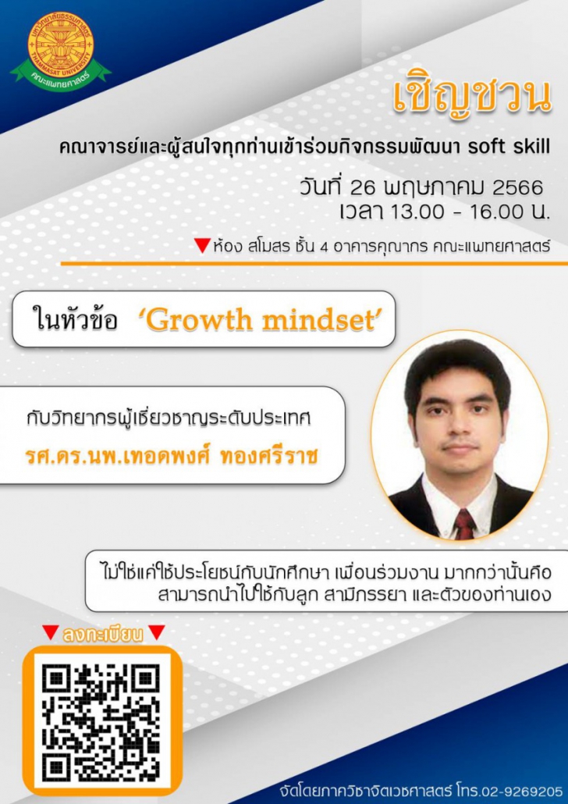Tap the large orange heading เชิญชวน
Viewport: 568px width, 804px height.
(471, 98)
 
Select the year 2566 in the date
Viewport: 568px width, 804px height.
(517, 187)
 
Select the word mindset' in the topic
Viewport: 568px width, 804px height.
(322, 321)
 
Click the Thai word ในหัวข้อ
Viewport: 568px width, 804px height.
(75, 321)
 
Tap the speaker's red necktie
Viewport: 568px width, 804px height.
(464, 524)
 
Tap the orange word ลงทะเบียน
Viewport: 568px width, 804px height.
(102, 635)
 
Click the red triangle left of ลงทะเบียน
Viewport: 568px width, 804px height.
(50, 633)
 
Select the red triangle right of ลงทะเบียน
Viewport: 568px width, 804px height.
(156, 633)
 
